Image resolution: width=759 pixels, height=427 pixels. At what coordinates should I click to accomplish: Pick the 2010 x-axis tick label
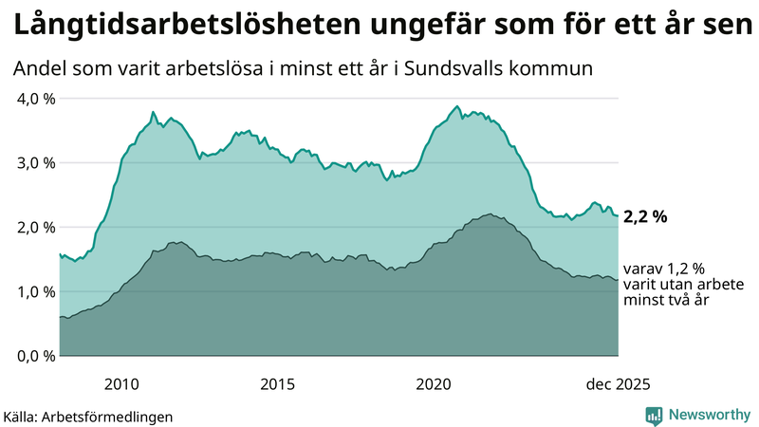point(121,384)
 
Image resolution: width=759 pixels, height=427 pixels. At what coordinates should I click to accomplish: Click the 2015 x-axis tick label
point(278,384)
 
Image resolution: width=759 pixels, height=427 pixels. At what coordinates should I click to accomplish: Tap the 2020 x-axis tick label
point(434,384)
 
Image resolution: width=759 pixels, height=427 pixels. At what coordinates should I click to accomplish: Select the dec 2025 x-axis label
point(618,384)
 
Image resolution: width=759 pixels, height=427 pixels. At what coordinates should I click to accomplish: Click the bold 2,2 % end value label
point(645,217)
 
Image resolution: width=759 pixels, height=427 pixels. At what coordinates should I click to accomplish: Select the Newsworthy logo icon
point(654,415)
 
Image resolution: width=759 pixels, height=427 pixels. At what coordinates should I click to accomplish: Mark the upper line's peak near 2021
point(456,106)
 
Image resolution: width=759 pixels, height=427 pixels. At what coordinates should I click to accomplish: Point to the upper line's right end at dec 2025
point(618,216)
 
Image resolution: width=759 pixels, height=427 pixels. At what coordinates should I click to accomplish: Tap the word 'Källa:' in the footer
point(27,416)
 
